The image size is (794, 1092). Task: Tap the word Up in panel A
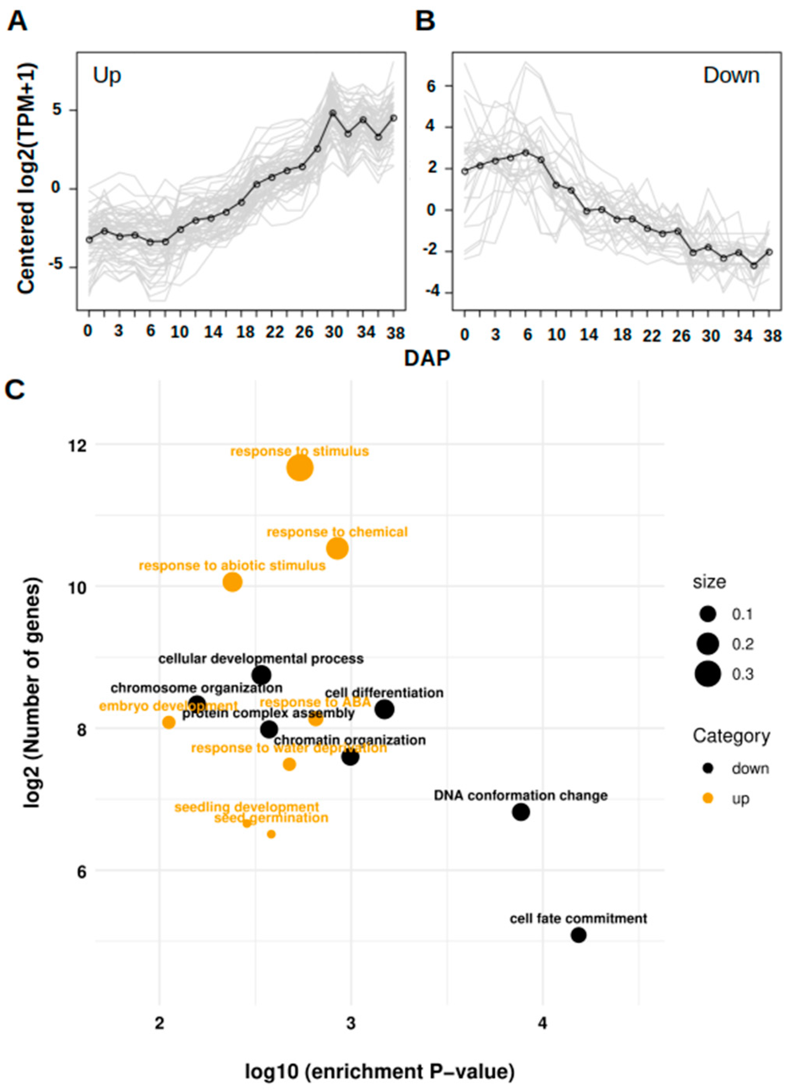106,75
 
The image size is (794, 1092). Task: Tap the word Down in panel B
731,75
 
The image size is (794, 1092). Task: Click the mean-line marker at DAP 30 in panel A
333,113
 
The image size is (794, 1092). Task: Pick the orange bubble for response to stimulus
300,468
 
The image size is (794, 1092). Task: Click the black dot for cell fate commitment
578,935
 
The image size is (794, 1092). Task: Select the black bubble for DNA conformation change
521,812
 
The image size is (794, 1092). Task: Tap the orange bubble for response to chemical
337,549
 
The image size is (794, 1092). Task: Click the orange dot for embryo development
169,722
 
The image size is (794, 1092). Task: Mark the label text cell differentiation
384,693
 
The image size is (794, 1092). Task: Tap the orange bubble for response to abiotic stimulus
232,582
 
